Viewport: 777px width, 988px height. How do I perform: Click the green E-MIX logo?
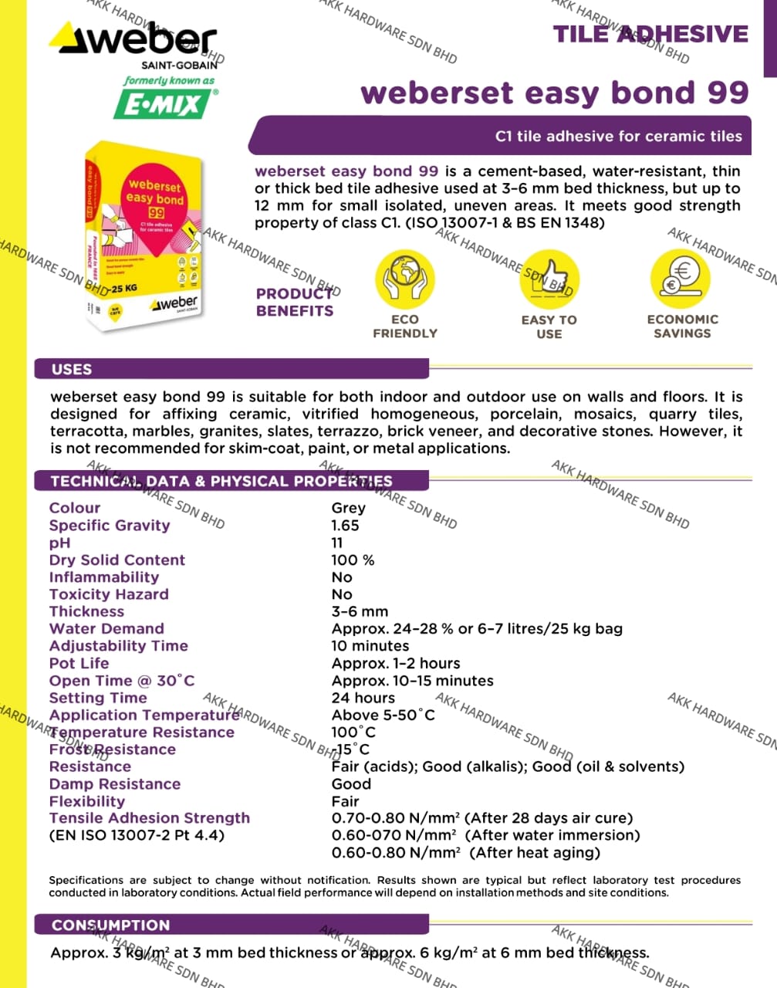(x=162, y=104)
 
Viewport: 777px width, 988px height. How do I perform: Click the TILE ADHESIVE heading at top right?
(x=650, y=35)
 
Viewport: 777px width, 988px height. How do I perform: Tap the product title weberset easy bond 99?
(x=554, y=93)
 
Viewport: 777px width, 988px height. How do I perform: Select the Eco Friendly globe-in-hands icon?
(x=404, y=279)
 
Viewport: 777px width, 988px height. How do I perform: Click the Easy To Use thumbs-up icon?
(x=549, y=279)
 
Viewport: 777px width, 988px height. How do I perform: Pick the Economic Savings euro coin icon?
(x=681, y=279)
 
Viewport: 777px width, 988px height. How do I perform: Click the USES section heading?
(x=72, y=369)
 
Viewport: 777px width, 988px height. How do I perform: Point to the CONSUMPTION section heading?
(x=110, y=925)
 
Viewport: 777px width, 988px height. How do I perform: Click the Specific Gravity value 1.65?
(x=345, y=526)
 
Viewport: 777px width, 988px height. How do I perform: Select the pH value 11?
(x=337, y=543)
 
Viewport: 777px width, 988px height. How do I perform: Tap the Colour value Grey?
(x=348, y=508)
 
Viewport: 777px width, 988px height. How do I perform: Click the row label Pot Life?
(x=79, y=663)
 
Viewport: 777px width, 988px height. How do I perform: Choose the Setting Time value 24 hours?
(x=363, y=698)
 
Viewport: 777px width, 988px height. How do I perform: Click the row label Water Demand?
(x=106, y=628)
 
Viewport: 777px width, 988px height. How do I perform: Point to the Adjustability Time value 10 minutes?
(x=370, y=646)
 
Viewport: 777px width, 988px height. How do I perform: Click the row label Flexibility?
(x=86, y=801)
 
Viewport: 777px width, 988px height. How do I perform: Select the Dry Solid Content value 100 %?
(x=353, y=560)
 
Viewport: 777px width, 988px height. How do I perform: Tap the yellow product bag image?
(x=144, y=235)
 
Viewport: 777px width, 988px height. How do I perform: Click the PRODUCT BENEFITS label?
(x=295, y=303)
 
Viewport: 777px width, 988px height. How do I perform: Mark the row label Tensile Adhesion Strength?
(x=149, y=818)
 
